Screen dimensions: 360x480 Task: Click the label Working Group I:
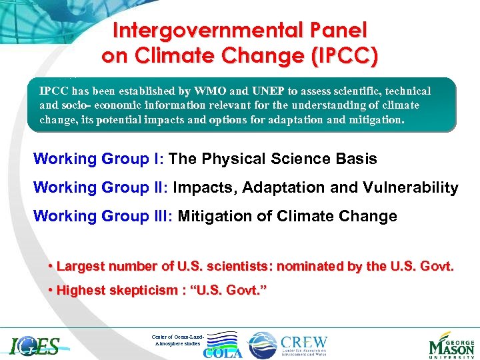tap(99, 159)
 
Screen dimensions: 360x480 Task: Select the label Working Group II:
tap(101, 187)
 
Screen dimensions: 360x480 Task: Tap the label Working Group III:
tap(103, 216)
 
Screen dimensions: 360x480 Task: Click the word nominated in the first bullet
tap(309, 267)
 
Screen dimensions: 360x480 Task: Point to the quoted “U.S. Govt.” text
tap(225, 290)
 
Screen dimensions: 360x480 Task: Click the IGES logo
tap(35, 345)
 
